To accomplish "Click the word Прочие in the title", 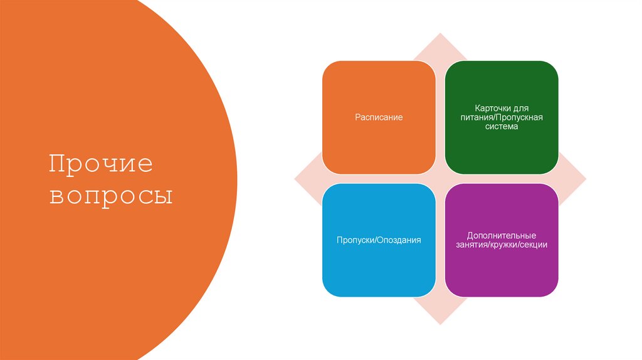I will click(x=101, y=164).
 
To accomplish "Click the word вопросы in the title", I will click(x=112, y=196).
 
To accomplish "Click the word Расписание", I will click(x=379, y=117).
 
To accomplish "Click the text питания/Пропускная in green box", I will click(x=502, y=117).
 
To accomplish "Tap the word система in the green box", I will click(x=502, y=127).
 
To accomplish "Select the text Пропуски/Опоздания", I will click(x=379, y=240).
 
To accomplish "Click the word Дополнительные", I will click(x=502, y=235).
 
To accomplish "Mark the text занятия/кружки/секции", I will click(x=502, y=245).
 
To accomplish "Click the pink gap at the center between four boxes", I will click(x=440, y=179).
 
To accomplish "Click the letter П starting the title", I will click(x=58, y=164).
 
